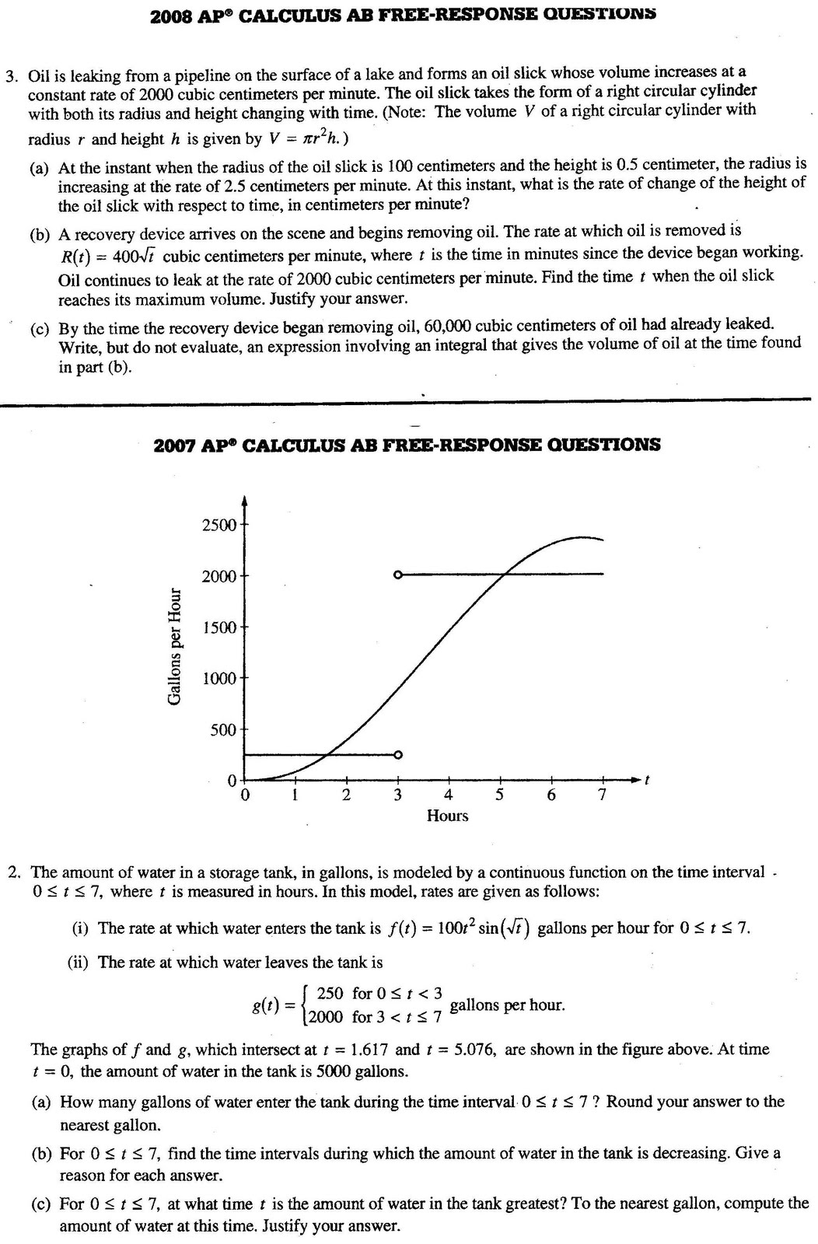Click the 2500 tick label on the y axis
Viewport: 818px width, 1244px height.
tap(218, 525)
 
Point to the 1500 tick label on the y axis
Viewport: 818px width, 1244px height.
tap(218, 627)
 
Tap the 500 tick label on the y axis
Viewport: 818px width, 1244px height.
tap(223, 730)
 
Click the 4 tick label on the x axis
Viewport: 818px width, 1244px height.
tap(448, 795)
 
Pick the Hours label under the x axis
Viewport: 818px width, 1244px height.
tap(448, 816)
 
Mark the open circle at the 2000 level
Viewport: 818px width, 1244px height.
tap(398, 575)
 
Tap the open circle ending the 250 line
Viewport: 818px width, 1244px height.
tap(398, 754)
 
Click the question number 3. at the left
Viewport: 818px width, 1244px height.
tap(12, 76)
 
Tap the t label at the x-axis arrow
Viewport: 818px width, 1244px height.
tap(648, 779)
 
